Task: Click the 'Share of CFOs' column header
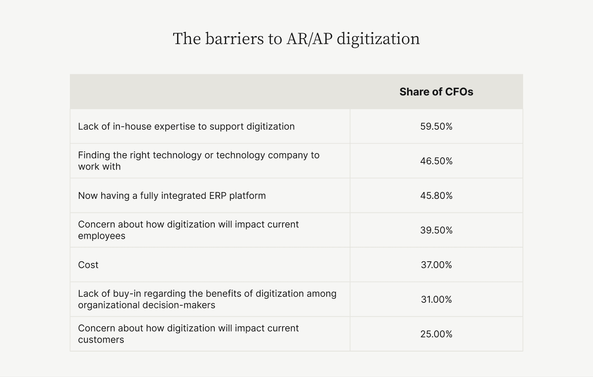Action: coord(436,92)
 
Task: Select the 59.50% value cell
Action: coord(436,126)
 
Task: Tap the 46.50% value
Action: coord(436,161)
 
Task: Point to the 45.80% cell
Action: coord(436,195)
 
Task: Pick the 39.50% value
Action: coord(436,230)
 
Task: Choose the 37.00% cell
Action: coord(436,265)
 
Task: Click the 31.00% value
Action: coord(436,299)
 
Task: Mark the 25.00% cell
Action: coord(436,334)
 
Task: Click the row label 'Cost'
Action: coord(88,265)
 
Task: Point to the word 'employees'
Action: coord(102,236)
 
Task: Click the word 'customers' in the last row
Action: coord(101,340)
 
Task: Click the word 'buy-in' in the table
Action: coord(127,294)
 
